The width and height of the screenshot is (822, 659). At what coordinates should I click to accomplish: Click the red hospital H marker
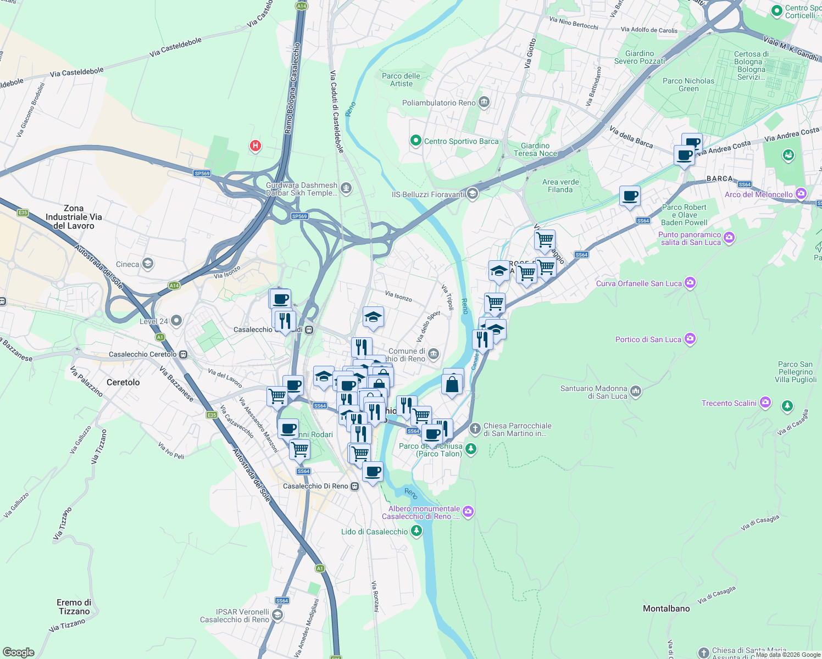point(255,146)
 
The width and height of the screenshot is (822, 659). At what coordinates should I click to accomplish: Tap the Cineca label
point(127,264)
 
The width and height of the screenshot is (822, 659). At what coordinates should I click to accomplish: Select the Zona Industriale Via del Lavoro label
point(73,217)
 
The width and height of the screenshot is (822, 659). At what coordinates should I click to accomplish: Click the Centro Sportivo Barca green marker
point(416,141)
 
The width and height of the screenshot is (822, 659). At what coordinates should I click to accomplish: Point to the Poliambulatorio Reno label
point(439,103)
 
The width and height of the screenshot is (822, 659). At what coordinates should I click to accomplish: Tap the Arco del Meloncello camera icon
point(801,194)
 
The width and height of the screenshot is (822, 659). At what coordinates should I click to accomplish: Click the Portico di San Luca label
point(648,339)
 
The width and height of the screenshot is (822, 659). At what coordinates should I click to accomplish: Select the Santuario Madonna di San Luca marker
point(636,391)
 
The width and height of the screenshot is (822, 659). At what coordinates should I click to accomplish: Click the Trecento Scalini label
point(729,403)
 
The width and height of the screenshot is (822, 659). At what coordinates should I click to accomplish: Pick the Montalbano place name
point(666,608)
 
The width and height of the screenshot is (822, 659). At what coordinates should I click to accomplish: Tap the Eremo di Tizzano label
point(74,607)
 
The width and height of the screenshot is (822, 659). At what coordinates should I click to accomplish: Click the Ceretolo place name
point(123,382)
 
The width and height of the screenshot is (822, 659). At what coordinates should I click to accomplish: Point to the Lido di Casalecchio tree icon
point(416,531)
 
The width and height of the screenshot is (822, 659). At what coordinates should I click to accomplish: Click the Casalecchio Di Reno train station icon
point(355,486)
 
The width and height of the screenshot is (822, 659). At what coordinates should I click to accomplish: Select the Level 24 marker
point(176,320)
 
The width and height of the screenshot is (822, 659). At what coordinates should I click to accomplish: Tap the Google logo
point(18,652)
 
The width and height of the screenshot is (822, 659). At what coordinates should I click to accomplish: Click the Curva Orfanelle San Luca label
point(638,283)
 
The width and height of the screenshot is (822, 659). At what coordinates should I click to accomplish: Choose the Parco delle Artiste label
point(401,80)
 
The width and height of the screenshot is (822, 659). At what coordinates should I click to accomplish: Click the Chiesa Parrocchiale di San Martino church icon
point(475,428)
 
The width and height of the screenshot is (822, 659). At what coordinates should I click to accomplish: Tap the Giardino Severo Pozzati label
point(640,57)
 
